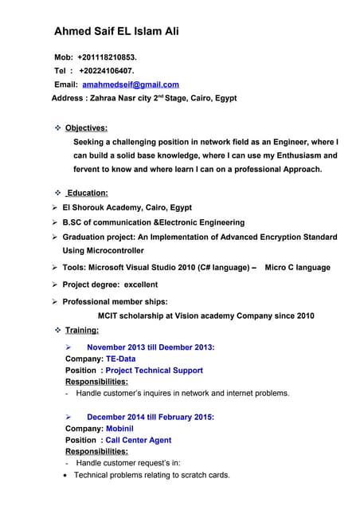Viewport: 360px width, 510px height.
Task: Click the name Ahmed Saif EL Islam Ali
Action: tap(115, 32)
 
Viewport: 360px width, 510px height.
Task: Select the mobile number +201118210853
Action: tap(107, 57)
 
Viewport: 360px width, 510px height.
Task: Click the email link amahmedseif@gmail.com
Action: tap(131, 84)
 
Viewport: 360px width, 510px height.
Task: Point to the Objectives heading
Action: tap(86, 127)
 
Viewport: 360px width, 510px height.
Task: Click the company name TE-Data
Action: tap(121, 359)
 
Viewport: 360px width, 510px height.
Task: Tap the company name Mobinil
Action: tap(122, 428)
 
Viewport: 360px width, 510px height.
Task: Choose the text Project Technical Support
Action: tap(154, 370)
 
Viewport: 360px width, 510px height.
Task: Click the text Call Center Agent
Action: tap(138, 440)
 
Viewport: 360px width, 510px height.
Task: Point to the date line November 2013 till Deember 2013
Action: tap(150, 347)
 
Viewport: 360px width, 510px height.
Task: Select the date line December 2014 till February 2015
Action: tap(150, 417)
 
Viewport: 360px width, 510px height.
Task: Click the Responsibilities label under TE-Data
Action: tap(96, 382)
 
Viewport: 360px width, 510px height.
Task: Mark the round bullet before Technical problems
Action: tap(67, 475)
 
